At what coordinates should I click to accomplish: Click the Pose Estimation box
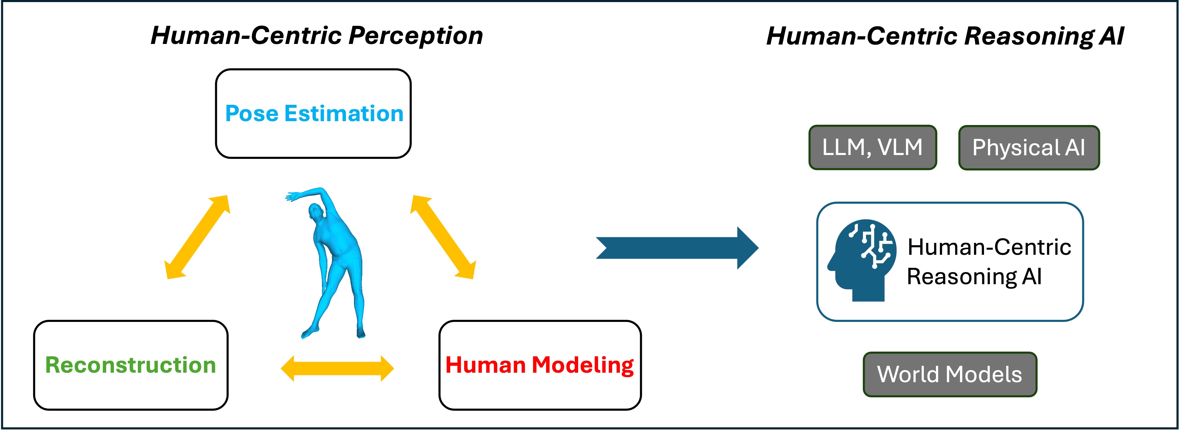pyautogui.click(x=313, y=113)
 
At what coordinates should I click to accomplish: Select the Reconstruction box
pyautogui.click(x=131, y=365)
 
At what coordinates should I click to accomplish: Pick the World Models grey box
pyautogui.click(x=950, y=374)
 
